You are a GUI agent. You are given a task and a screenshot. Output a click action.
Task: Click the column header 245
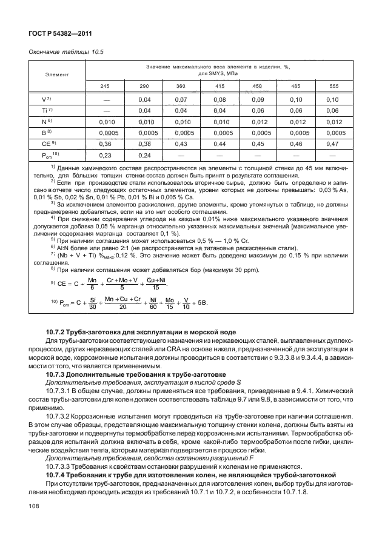(106, 86)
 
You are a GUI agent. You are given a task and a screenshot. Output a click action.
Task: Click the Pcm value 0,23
(106, 154)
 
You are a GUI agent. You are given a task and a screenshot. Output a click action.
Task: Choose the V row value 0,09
(257, 99)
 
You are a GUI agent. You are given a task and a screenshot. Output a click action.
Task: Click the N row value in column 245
(106, 121)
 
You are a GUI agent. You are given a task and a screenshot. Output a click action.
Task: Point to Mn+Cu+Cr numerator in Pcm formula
(122, 299)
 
